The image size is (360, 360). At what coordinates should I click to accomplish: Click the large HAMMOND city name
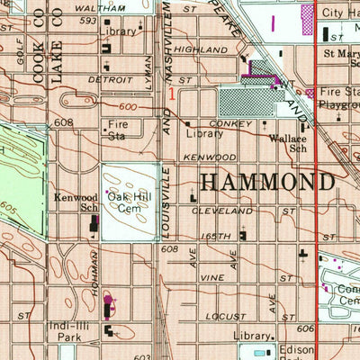[x=265, y=181]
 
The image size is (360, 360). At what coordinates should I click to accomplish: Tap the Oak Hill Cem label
[x=126, y=202]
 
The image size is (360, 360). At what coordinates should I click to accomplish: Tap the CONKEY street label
[x=226, y=123]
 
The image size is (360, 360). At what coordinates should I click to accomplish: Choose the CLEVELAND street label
[x=221, y=210]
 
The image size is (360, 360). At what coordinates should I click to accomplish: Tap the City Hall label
[x=341, y=13]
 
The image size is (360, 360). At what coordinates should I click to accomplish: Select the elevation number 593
[x=87, y=20]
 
